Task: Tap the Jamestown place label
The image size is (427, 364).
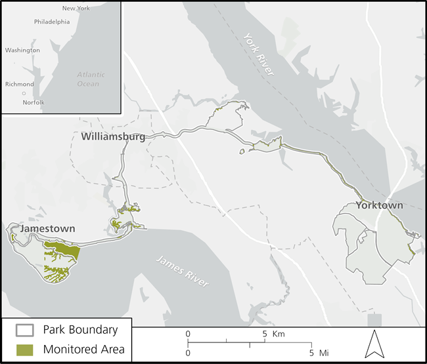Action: [x=47, y=228]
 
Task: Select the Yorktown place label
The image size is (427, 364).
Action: [x=379, y=205]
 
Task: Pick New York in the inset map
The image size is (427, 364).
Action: [x=76, y=8]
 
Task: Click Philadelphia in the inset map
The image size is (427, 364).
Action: [x=52, y=21]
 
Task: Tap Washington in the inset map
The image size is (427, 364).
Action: [x=22, y=50]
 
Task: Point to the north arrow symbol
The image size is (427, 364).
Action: [x=374, y=344]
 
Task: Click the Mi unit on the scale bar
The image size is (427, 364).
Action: [x=324, y=353]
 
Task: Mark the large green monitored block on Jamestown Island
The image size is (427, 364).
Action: [x=64, y=249]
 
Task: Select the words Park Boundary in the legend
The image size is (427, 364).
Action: [x=80, y=330]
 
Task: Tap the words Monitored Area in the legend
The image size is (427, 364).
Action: [x=83, y=349]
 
